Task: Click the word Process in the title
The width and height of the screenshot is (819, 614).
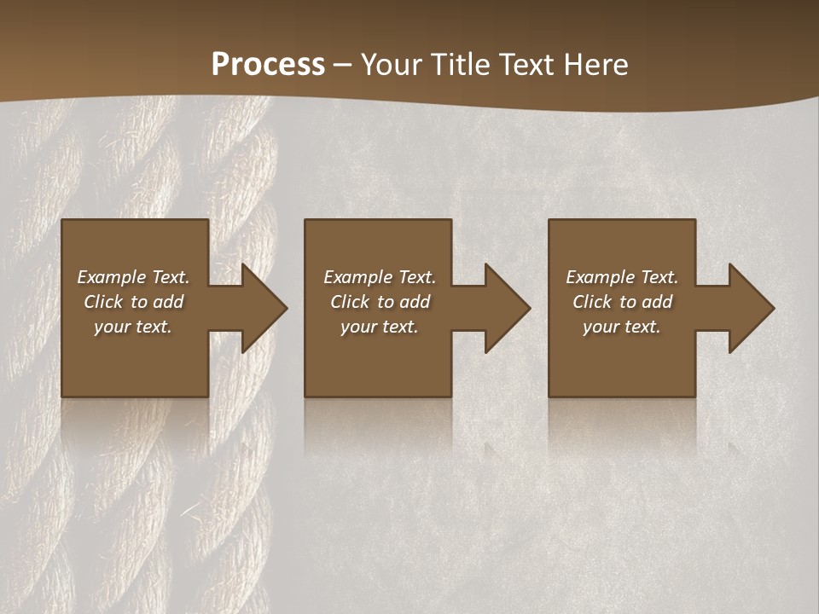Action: click(268, 65)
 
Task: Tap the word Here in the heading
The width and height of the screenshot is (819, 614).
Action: click(596, 65)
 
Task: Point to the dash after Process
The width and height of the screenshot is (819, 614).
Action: click(342, 66)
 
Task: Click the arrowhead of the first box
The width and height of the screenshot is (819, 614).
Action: click(264, 308)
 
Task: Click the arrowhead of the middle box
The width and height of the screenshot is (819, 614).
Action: click(507, 308)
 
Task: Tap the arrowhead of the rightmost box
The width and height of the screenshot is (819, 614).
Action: click(751, 308)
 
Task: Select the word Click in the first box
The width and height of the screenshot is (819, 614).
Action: click(104, 302)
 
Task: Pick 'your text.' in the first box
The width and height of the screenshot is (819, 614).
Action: click(133, 327)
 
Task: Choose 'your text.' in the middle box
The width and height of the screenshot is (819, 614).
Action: click(379, 327)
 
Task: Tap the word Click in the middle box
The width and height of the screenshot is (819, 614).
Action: click(351, 302)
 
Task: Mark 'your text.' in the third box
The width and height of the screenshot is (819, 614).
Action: click(621, 327)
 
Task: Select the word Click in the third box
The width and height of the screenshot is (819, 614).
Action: click(593, 302)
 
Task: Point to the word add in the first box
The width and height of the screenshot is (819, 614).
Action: click(168, 302)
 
